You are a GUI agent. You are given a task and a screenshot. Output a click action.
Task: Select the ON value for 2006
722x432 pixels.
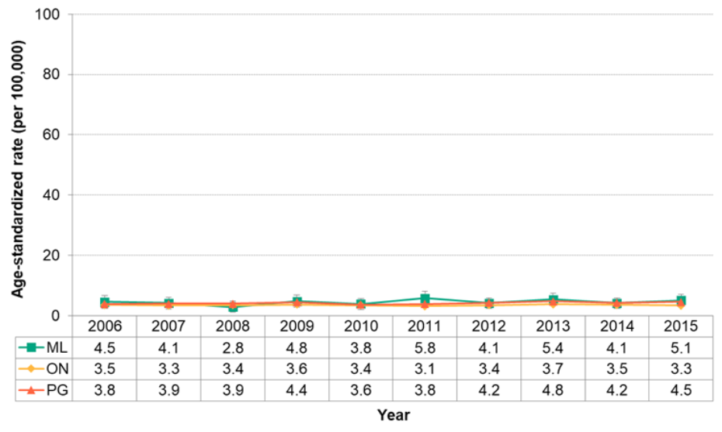click(104, 369)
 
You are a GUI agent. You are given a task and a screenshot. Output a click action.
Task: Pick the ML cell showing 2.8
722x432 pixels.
click(232, 347)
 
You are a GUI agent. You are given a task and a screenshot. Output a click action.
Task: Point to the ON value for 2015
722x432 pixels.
click(681, 369)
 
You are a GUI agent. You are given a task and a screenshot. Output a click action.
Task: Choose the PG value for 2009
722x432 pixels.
click(297, 391)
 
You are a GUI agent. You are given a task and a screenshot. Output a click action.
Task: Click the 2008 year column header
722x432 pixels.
click(232, 325)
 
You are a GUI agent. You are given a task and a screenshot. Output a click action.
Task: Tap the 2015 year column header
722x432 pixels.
click(681, 325)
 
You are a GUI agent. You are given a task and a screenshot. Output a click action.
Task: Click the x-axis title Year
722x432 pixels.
click(393, 416)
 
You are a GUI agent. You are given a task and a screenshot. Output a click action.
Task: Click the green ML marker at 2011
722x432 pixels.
click(425, 298)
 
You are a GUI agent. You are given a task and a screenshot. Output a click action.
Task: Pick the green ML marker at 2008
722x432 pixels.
click(232, 307)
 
